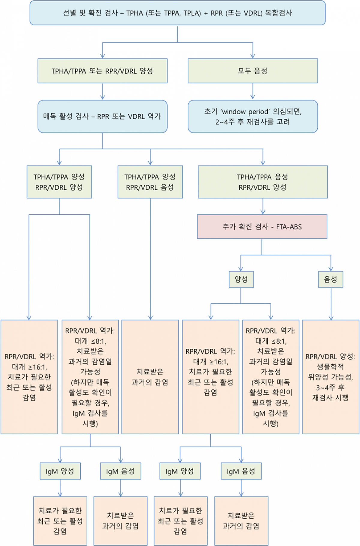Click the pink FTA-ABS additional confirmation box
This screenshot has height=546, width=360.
tap(262, 226)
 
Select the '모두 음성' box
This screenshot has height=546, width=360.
tap(253, 71)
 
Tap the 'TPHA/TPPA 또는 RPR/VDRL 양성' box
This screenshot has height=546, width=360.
tap(102, 71)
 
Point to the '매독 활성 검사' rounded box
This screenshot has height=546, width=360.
tap(102, 116)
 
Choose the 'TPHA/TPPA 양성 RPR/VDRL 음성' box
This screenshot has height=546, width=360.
tap(150, 182)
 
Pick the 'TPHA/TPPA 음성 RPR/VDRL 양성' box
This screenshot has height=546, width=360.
tap(262, 182)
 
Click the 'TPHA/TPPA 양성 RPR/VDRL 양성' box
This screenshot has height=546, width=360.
tap(59, 182)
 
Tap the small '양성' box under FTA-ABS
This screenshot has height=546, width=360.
tap(241, 279)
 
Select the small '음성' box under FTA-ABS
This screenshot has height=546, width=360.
tap(331, 279)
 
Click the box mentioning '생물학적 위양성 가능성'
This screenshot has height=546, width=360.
tap(330, 377)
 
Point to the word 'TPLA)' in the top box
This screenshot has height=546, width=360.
tap(192, 13)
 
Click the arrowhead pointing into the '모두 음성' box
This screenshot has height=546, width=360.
tap(253, 55)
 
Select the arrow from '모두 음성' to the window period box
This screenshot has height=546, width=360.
tap(253, 92)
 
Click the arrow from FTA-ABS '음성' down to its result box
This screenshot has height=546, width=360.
tap(331, 304)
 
